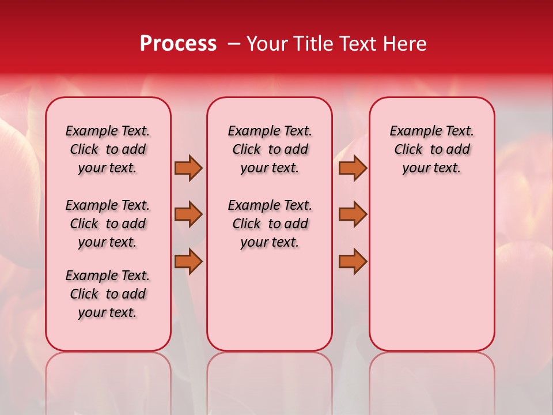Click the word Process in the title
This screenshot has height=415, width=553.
(178, 44)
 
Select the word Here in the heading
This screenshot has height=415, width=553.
(405, 44)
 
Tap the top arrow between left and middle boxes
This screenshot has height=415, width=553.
(188, 168)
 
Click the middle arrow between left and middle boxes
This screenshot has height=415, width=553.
(188, 214)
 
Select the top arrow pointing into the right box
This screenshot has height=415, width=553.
(353, 168)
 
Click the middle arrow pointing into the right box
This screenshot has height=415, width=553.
(353, 214)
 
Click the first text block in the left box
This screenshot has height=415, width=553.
(108, 149)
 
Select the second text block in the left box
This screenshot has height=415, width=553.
(108, 224)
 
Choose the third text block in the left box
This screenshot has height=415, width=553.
(108, 294)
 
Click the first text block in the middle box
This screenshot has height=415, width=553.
(270, 149)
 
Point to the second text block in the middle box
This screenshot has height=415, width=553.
(270, 224)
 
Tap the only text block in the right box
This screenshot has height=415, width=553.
(431, 149)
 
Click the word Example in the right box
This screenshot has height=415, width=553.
(411, 131)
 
